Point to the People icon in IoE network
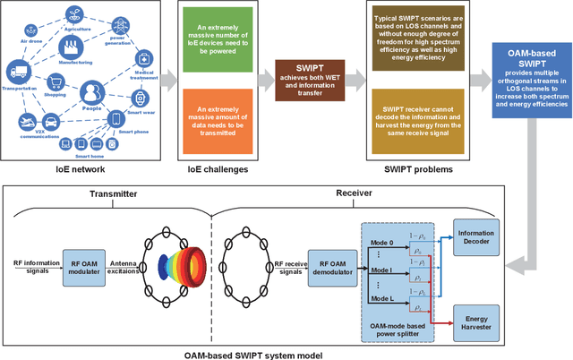pyautogui.click(x=90, y=93)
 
